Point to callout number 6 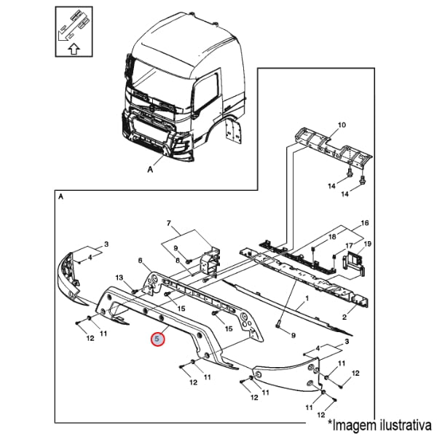click(140, 260)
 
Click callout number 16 click(365, 222)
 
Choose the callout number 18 click(332, 237)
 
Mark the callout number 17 click(349, 245)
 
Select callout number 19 click(368, 243)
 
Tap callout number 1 click(307, 298)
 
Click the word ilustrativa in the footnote click(401, 423)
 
